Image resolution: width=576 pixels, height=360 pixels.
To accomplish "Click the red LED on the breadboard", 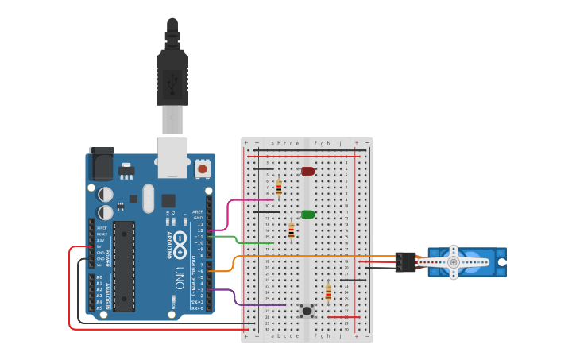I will coord(307,171).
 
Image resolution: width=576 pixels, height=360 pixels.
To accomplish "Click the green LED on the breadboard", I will coord(307,215).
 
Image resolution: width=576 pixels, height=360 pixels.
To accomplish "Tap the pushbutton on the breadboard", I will coord(307,310).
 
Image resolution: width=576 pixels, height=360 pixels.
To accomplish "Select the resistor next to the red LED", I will coord(278,188).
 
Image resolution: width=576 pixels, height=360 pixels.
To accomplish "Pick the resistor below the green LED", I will coord(291,230).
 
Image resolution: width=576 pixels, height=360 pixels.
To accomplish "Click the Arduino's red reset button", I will coord(203,168).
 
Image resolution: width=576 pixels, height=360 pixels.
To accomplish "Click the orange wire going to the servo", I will coord(318,257).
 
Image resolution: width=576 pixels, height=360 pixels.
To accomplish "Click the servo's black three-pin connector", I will coord(405,262).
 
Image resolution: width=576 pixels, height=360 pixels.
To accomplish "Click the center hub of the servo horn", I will coord(453,261).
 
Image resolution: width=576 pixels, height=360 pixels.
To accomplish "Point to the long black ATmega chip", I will coord(123,266).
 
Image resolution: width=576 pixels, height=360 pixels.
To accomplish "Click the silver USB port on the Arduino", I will coord(172,157).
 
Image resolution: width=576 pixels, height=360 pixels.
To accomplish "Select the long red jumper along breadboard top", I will coord(306,157).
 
